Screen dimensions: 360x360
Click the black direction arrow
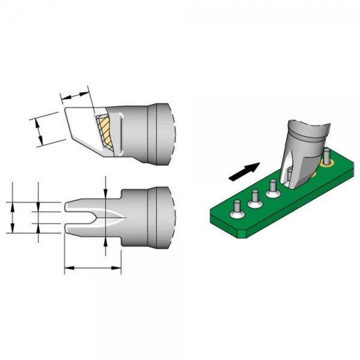point(245,172)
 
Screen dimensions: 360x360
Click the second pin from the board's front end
point(254,196)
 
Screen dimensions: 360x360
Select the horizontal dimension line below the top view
point(93,268)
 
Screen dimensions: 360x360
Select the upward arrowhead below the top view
point(106,240)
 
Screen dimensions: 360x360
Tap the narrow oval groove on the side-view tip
point(119,134)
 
